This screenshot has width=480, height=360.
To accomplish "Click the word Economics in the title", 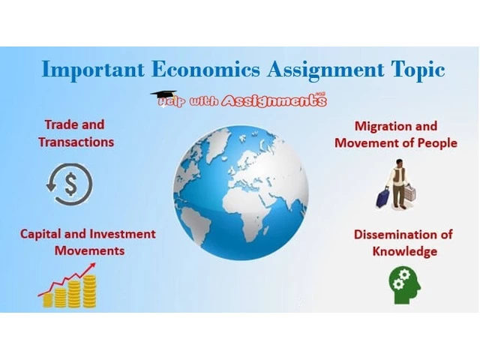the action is coord(205,69).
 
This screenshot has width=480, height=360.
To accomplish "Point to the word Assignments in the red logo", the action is coord(274,100).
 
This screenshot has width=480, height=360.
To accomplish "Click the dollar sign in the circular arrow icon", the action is coord(71,184).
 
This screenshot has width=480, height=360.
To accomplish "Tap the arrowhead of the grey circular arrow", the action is coord(50,186).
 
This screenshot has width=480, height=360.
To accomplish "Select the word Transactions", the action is coord(76,142).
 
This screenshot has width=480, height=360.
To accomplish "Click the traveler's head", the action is coord(398,163).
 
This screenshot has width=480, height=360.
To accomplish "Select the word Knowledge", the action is coord(405,252).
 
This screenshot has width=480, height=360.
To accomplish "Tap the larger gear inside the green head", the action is coord(404,274).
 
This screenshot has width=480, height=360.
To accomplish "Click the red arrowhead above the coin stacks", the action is coord(91,266).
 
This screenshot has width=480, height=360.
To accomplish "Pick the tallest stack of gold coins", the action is coord(90,292).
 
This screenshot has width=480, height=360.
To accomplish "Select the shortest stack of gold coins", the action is coord(48,300).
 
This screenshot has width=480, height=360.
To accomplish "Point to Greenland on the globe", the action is coord(218,144).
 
